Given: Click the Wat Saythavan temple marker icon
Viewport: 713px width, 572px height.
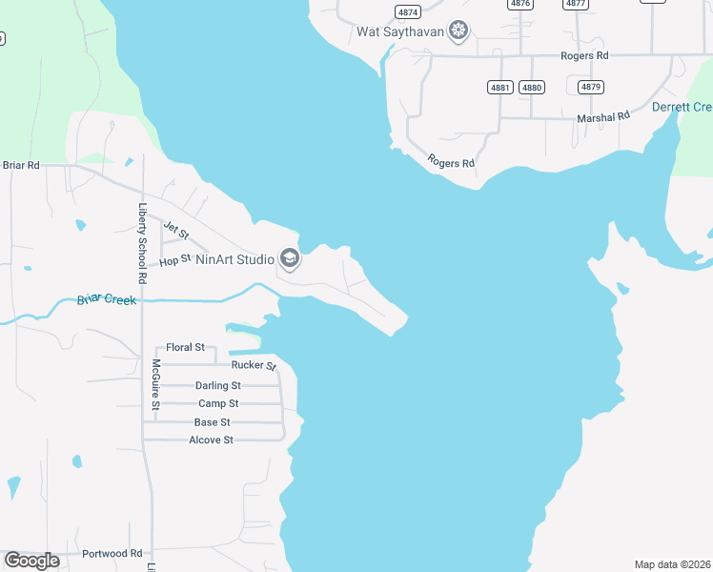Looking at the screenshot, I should point(459,31).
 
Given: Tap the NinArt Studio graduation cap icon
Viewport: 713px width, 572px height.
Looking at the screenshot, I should point(290,258).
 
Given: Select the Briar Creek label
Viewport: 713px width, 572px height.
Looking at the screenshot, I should point(107,300).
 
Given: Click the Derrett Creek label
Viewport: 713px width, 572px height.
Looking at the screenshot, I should point(682,107).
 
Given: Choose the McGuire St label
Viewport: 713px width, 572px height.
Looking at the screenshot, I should point(155,384).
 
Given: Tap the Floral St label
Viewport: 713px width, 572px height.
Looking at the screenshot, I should point(185,348).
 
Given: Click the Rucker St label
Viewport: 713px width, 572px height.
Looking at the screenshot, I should point(254,365).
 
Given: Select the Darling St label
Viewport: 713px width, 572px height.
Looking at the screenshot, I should point(217,385).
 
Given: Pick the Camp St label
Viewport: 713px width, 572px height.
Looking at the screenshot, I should point(217,403).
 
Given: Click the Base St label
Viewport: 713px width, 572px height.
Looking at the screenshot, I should point(212,421).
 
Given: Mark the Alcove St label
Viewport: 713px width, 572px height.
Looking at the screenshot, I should point(211,439).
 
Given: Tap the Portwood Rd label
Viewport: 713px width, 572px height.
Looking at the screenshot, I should point(112,553).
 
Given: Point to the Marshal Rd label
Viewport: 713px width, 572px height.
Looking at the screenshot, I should point(604,116).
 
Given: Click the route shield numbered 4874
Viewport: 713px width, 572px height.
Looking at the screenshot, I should point(408,11).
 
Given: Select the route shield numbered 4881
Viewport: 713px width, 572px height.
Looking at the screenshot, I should point(500,87).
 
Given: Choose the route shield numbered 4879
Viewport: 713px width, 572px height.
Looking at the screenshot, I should point(590,87).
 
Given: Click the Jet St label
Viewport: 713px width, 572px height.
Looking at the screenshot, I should point(176,230).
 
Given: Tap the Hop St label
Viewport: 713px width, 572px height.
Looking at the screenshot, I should point(175,259).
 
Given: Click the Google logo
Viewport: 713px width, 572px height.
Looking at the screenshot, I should point(31,560).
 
